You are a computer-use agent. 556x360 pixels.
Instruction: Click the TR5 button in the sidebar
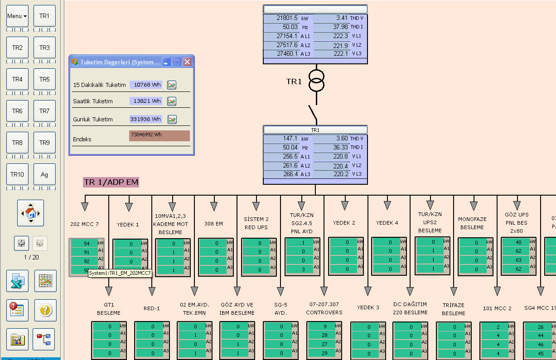pyautogui.click(x=44, y=79)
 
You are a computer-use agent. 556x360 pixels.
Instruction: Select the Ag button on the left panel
pyautogui.click(x=44, y=174)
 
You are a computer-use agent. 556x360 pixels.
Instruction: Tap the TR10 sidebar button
pyautogui.click(x=17, y=174)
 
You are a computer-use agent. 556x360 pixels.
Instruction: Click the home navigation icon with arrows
pyautogui.click(x=30, y=213)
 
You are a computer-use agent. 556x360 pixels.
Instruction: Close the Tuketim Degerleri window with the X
pyautogui.click(x=187, y=62)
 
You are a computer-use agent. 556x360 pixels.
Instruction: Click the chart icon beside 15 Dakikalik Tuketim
pyautogui.click(x=172, y=85)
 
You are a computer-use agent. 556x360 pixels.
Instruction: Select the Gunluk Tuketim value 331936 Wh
pyautogui.click(x=145, y=119)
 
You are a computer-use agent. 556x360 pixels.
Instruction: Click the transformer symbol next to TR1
pyautogui.click(x=317, y=81)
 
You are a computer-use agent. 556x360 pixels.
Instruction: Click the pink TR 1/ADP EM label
pyautogui.click(x=111, y=182)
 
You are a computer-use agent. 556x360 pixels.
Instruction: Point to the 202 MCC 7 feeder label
pyautogui.click(x=84, y=224)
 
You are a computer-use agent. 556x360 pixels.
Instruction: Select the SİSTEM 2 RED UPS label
pyautogui.click(x=256, y=223)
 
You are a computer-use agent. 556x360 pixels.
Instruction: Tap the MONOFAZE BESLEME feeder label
pyautogui.click(x=472, y=223)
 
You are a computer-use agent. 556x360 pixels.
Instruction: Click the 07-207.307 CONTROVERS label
pyautogui.click(x=322, y=308)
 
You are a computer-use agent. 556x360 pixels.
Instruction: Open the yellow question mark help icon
pyautogui.click(x=46, y=310)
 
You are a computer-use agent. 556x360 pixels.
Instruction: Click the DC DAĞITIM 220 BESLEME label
pyautogui.click(x=411, y=308)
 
